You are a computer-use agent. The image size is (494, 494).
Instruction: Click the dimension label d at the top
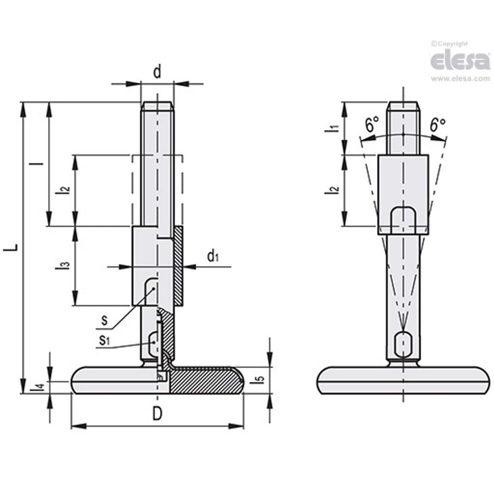point(157,72)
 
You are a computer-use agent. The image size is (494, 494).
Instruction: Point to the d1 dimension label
point(213,256)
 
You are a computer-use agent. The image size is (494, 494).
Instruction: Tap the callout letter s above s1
point(105,320)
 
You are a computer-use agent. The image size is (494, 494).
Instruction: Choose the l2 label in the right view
point(334,189)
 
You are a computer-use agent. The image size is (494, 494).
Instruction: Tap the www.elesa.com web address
point(460,79)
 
